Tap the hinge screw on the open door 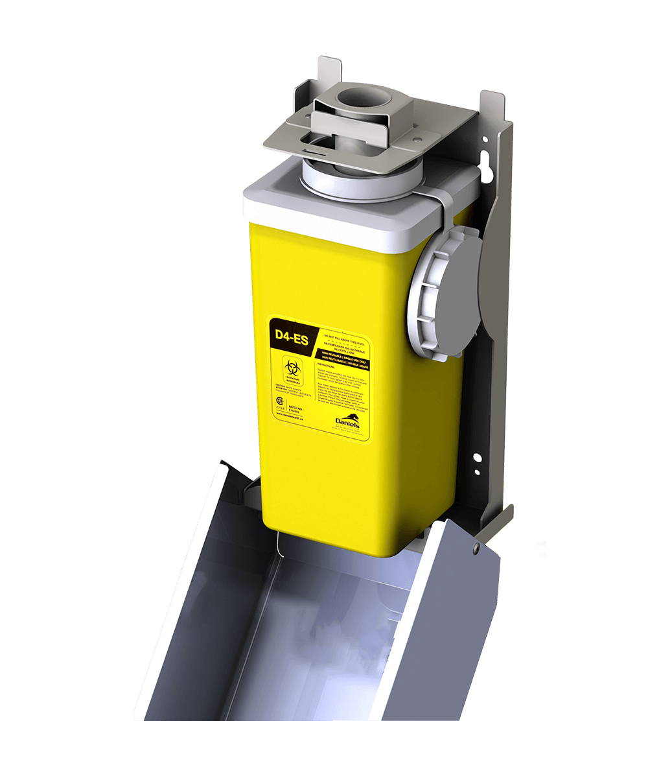476,548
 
